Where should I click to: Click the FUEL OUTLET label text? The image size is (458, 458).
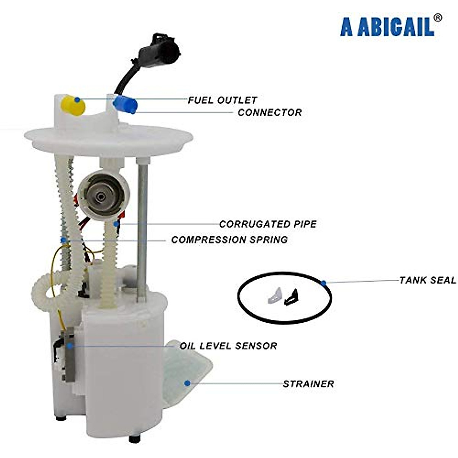pos(222,100)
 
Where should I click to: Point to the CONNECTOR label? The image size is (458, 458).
pos(269,113)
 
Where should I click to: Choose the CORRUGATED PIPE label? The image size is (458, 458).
pos(268,224)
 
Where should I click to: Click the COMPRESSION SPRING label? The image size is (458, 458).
pos(229,240)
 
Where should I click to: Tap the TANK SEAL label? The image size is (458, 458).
pos(427,280)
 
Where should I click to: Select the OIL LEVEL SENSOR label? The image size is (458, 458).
pos(228,346)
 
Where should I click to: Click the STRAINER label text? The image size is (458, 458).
pos(308,384)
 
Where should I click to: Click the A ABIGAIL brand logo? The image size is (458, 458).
pos(387,26)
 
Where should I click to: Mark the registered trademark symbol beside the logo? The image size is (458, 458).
pos(438,17)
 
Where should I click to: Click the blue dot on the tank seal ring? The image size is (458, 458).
pos(324,283)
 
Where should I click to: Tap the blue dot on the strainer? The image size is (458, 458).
pos(187,383)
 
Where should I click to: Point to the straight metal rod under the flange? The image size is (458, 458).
pos(142,229)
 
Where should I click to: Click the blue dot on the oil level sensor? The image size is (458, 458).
pos(70,345)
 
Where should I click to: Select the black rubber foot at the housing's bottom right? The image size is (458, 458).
pos(134,439)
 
